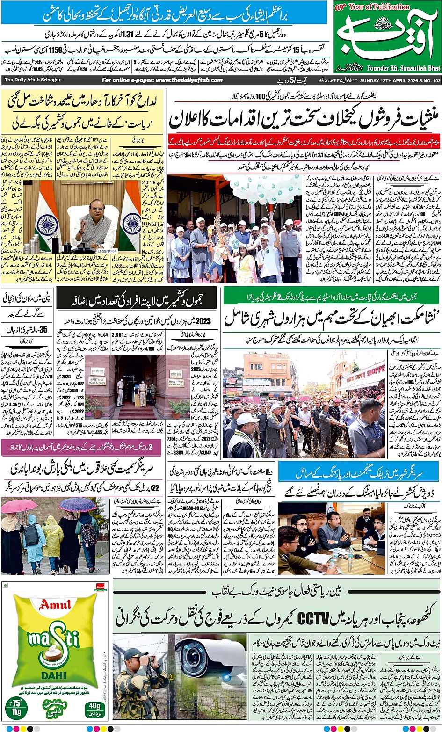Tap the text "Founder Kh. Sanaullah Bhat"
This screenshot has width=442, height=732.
403,68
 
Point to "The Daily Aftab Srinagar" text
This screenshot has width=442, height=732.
33,80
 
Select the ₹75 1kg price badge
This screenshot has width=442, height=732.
18,706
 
